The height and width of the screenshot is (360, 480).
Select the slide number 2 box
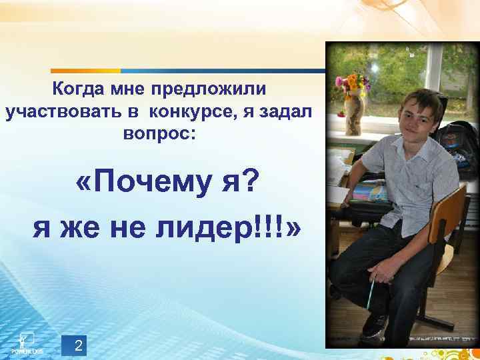click(79, 345)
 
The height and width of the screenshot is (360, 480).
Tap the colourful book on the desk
click(367, 193)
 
